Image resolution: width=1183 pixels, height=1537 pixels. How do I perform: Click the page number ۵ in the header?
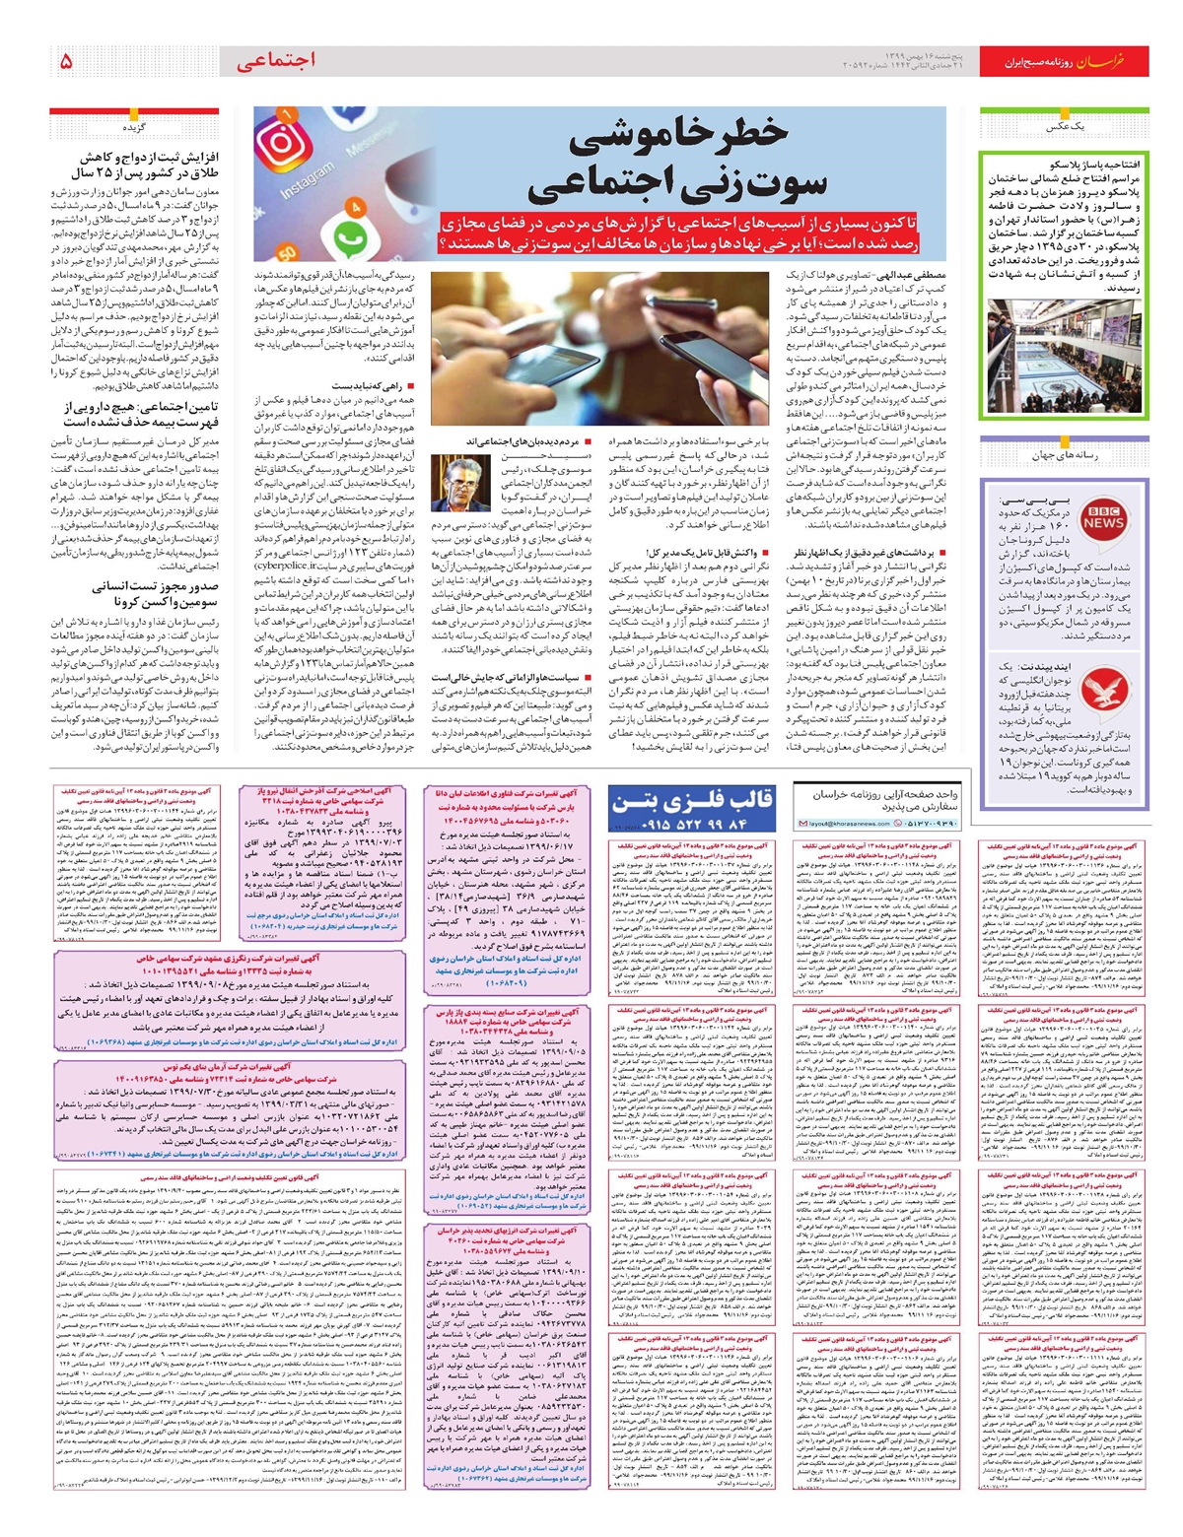[66, 61]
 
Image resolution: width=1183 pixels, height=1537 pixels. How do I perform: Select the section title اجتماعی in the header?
[276, 60]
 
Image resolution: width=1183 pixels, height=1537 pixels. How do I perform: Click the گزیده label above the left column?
[134, 127]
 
